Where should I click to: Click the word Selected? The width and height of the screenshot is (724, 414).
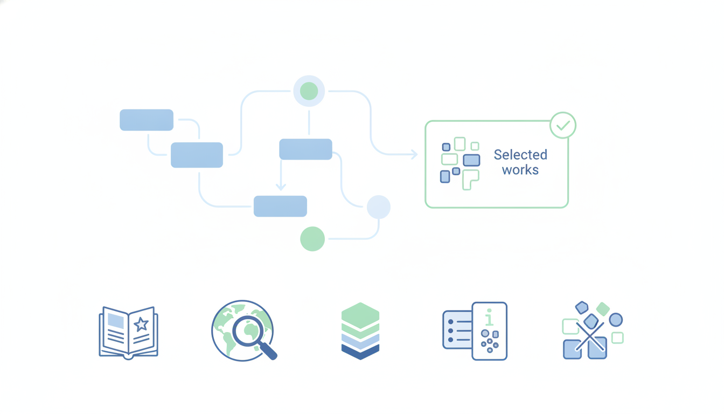click(x=520, y=155)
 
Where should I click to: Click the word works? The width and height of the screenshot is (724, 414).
click(x=520, y=170)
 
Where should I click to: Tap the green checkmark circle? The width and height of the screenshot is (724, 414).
click(x=563, y=125)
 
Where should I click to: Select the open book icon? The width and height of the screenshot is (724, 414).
click(x=128, y=333)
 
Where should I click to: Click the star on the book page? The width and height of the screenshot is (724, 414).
click(x=141, y=324)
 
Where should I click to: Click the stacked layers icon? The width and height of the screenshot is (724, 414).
click(x=360, y=331)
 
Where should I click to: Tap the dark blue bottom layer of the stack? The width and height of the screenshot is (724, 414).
click(x=360, y=352)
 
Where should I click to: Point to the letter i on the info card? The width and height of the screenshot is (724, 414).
click(x=489, y=318)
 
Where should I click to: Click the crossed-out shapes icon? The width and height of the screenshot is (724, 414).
click(x=593, y=330)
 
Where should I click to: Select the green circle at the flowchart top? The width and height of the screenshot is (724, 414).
click(x=309, y=91)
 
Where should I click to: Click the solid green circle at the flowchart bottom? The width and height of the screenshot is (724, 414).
click(x=312, y=239)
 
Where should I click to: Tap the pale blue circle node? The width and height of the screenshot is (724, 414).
click(x=379, y=207)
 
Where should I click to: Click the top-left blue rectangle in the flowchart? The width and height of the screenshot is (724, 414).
click(x=147, y=120)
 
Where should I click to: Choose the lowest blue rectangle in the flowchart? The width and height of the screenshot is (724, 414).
click(x=280, y=206)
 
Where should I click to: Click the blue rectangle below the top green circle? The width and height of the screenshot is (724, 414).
click(x=306, y=149)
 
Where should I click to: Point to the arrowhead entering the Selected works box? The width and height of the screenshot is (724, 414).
click(x=414, y=154)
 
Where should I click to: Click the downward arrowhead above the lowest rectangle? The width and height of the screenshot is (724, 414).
click(x=281, y=187)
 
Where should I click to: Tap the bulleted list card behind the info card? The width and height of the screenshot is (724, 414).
click(x=457, y=330)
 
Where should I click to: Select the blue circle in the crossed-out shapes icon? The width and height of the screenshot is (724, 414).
click(x=616, y=320)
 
